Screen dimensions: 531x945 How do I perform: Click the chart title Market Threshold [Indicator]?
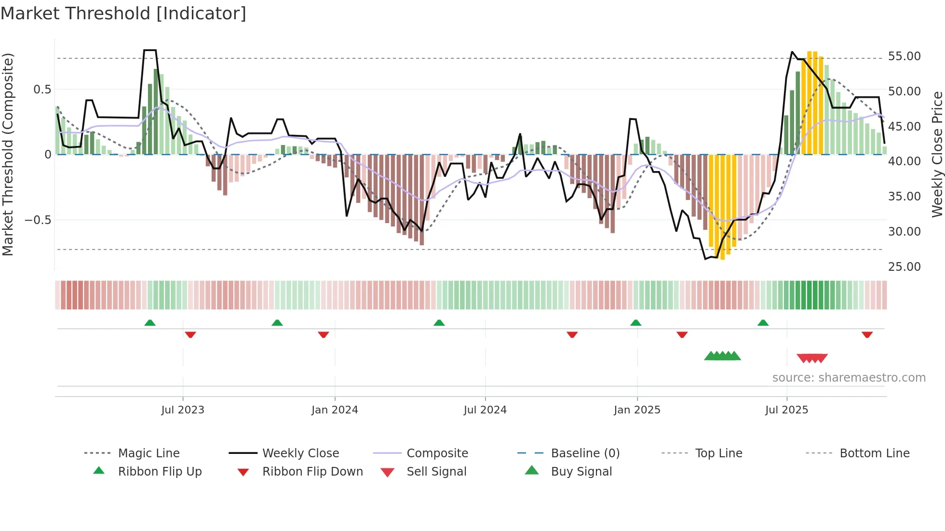[x=123, y=13]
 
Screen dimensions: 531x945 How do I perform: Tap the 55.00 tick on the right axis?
[x=904, y=56]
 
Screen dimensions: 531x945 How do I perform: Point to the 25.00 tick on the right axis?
[x=904, y=266]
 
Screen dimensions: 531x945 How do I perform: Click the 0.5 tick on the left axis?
[x=42, y=89]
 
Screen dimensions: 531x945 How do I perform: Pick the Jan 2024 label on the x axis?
[x=335, y=410]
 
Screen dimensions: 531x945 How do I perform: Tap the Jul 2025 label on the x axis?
[x=786, y=410]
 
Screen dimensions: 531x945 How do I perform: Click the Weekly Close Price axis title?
[x=937, y=154]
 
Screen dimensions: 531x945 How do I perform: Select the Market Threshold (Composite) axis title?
[x=8, y=154]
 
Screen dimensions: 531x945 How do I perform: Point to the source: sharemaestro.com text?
[x=849, y=378]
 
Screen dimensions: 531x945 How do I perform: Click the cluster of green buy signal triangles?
[x=722, y=356]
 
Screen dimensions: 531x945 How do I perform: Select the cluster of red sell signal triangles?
[x=812, y=358]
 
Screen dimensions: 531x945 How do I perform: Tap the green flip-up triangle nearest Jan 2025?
[x=635, y=323]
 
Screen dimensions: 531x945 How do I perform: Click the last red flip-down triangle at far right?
[x=867, y=334]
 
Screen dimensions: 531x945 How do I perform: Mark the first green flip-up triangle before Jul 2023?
[x=150, y=323]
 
